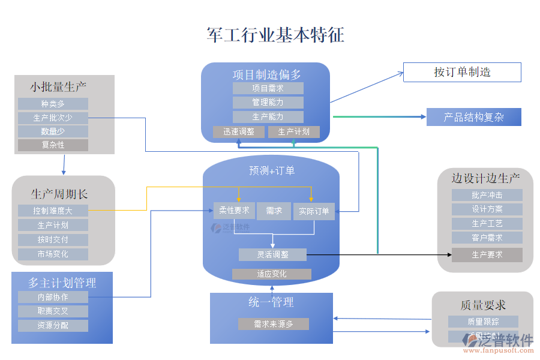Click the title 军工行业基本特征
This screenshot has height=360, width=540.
275,35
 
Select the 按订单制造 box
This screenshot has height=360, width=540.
461,72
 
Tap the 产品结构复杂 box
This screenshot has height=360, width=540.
473,117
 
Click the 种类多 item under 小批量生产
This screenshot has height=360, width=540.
53,104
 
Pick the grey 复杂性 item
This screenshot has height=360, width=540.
53,145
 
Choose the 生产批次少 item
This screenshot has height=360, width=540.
53,118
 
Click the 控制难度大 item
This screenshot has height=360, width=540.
53,211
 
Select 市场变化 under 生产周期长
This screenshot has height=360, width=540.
53,254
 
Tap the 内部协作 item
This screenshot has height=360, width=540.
53,297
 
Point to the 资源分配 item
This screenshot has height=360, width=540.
53,326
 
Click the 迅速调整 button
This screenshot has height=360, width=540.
239,131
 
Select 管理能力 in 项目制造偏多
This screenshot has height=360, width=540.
268,103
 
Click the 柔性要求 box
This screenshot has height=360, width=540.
234,211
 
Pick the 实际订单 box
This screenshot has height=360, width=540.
314,211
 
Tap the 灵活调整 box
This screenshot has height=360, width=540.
272,254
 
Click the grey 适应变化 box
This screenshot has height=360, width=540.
271,274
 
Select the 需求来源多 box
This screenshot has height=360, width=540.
273,324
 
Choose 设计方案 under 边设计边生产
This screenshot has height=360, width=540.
487,209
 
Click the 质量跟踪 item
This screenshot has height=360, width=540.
483,322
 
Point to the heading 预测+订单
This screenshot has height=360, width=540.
272,171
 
